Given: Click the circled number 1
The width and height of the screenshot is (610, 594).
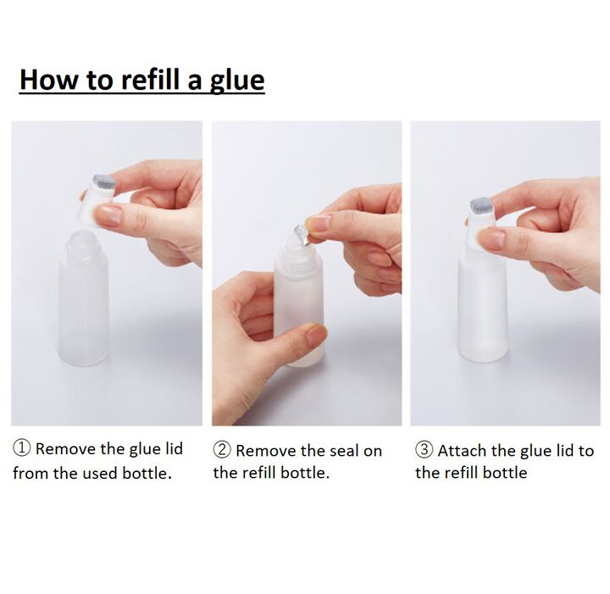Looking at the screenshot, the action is click(22, 448).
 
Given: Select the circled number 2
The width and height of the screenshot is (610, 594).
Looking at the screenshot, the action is click(222, 450).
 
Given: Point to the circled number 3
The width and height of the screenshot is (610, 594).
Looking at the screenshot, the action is click(424, 450).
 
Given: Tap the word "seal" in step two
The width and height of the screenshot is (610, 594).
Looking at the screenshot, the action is click(338, 451).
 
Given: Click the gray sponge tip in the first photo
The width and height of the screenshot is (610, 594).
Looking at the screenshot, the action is click(103, 182).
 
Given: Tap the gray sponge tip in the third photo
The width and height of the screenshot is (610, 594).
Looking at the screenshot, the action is click(481, 206).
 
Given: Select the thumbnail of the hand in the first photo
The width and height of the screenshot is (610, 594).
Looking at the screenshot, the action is click(108, 214).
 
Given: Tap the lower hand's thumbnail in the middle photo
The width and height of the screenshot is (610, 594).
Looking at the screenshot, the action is click(315, 336).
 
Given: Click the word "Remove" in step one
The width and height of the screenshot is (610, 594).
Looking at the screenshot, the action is click(66, 448).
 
